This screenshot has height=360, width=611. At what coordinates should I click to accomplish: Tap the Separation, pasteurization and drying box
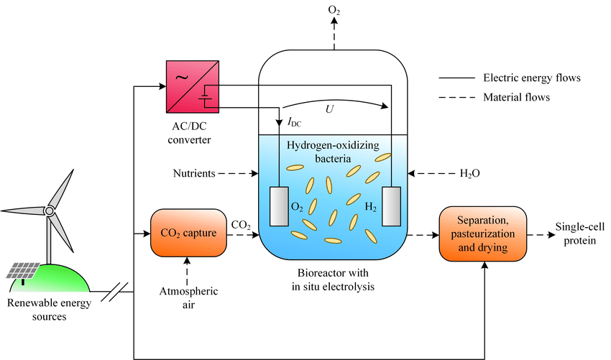pos(482,234)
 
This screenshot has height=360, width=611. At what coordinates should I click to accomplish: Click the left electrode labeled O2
pos(277,206)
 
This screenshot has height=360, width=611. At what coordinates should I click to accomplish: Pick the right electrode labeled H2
pos(392,206)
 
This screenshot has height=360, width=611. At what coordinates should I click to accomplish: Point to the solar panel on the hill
pos(24,271)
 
